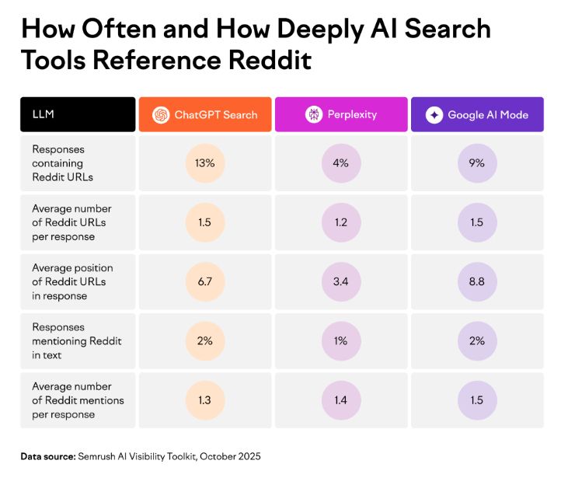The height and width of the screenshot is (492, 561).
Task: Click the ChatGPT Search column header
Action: (205, 114)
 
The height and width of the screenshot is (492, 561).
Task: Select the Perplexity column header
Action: (341, 114)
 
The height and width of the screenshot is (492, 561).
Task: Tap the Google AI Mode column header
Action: (477, 114)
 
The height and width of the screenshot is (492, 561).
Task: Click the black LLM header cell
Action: (78, 114)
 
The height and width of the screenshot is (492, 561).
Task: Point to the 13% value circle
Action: (205, 163)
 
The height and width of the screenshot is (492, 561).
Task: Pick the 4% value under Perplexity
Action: (341, 163)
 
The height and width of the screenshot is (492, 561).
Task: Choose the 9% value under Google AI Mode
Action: (477, 163)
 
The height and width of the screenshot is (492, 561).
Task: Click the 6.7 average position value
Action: (205, 281)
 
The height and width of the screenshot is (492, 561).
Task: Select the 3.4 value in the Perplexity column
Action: (341, 281)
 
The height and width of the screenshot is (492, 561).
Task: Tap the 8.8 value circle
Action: (477, 281)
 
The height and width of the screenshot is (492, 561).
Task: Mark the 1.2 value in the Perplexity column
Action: (341, 222)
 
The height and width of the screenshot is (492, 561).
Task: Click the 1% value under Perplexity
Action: (341, 340)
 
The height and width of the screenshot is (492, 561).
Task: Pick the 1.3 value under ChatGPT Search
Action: (205, 400)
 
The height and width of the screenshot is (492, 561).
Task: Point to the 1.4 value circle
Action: (341, 400)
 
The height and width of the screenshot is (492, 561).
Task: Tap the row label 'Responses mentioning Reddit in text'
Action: (76, 340)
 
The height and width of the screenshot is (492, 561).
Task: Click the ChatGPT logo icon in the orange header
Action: (161, 114)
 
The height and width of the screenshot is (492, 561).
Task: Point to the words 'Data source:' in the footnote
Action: (47, 456)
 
